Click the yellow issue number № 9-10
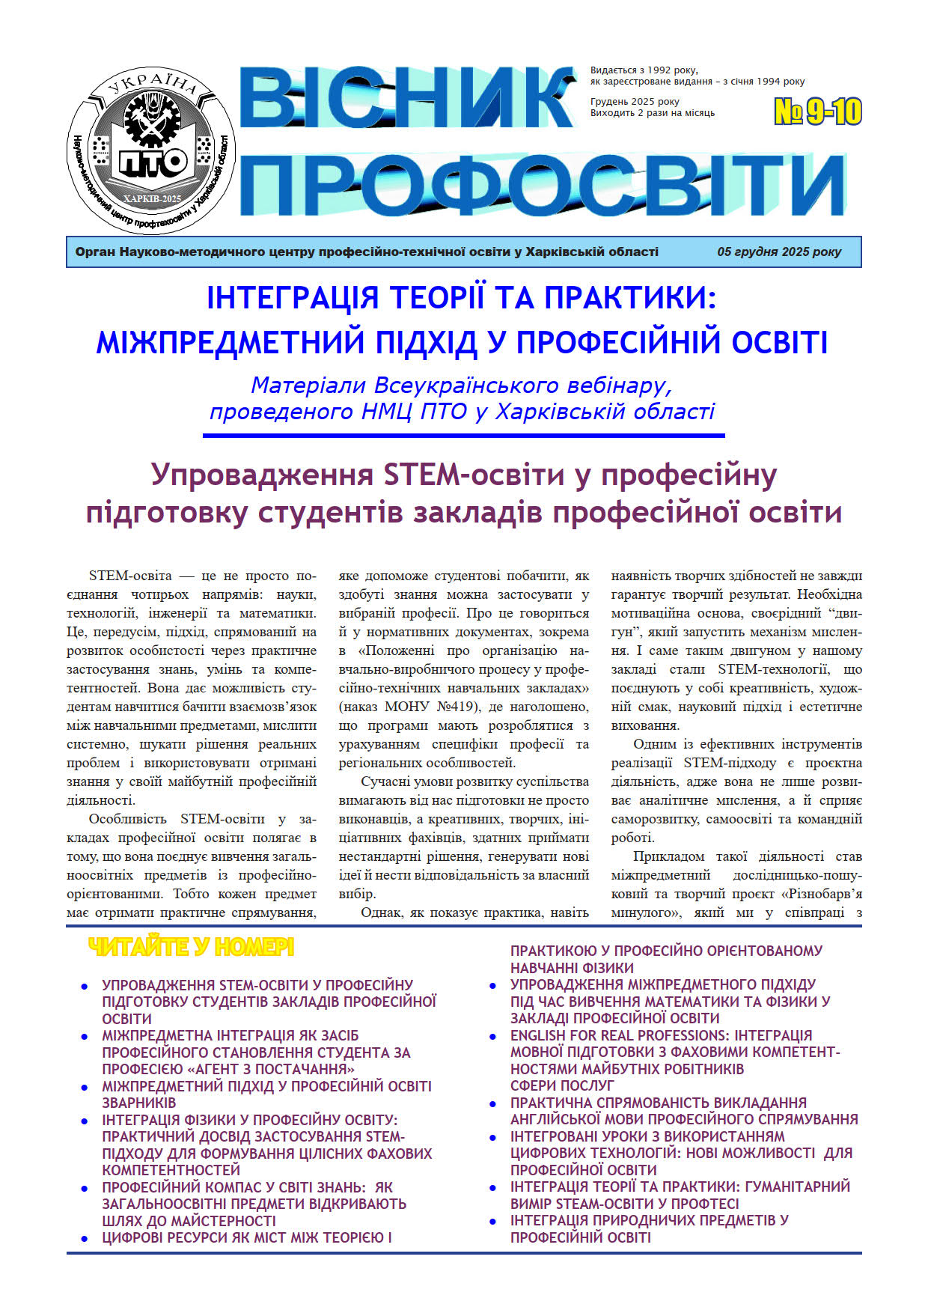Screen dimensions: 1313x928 (x=817, y=112)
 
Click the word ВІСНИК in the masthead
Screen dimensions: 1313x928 (x=408, y=98)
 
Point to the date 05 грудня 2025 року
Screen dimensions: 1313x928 (x=779, y=252)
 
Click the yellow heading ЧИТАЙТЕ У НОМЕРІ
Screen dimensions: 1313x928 (x=191, y=948)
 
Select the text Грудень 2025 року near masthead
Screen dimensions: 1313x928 (x=635, y=102)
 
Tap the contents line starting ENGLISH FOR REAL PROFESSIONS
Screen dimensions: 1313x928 (x=661, y=1035)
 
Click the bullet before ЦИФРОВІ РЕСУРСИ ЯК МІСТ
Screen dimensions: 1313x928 (x=85, y=1239)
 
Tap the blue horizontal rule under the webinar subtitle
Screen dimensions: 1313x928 (x=464, y=435)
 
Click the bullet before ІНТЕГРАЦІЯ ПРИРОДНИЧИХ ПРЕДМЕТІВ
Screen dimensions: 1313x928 (x=492, y=1222)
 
